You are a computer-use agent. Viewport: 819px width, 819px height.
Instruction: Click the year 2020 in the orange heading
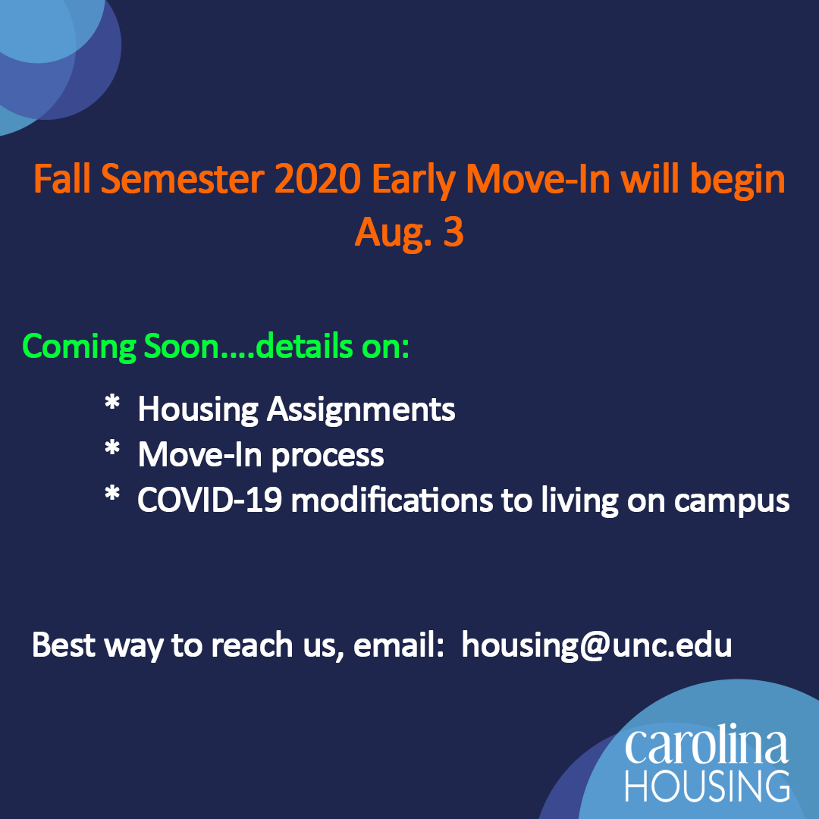(318, 179)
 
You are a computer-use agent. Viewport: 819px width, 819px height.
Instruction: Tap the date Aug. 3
(409, 232)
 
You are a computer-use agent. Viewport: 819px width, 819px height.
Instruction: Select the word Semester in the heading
(182, 179)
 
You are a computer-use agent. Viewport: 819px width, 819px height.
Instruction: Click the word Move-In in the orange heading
(538, 179)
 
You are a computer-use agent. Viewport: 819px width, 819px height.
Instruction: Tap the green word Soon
(181, 346)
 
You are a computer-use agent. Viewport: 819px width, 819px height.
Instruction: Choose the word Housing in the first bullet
(198, 410)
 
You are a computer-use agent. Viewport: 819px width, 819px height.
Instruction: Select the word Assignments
(361, 410)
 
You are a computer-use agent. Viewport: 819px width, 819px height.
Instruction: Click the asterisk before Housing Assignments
(112, 403)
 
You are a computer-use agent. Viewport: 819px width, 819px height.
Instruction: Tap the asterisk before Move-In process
(112, 449)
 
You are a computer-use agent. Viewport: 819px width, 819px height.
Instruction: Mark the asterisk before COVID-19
(112, 494)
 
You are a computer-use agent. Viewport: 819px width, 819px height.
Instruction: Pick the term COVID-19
(210, 500)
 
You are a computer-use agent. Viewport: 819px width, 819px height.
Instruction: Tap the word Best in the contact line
(63, 645)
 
